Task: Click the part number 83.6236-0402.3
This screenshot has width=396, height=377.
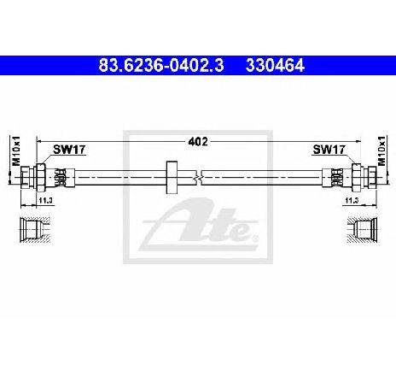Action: pyautogui.click(x=161, y=66)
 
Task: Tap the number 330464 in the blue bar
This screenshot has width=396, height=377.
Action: pyautogui.click(x=275, y=66)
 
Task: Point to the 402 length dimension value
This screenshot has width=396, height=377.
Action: pyautogui.click(x=198, y=141)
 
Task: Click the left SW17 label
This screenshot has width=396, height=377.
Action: pyautogui.click(x=69, y=150)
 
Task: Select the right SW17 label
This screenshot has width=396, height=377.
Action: pyautogui.click(x=329, y=150)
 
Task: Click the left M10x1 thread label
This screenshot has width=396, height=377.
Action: pyautogui.click(x=16, y=150)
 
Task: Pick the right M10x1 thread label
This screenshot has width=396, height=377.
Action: pyautogui.click(x=381, y=150)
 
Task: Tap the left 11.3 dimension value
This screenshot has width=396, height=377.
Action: pyautogui.click(x=46, y=200)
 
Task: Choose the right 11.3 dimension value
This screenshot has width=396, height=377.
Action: pyautogui.click(x=352, y=200)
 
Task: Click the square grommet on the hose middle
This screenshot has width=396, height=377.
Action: pyautogui.click(x=172, y=177)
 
